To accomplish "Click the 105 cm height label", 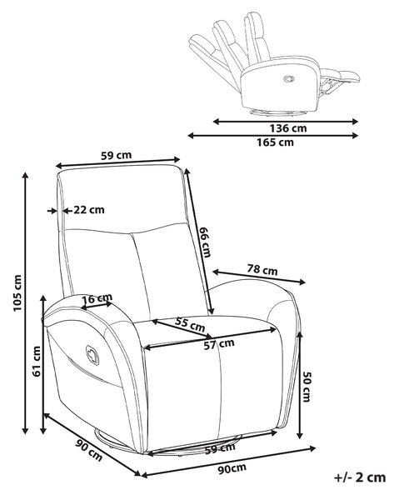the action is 17,293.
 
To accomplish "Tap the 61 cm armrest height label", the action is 37,362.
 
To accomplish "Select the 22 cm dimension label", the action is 89,210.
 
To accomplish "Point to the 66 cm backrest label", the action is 204,242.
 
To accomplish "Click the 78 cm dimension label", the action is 262,270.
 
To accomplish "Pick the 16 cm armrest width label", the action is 97,299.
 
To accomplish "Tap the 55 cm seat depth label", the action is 190,324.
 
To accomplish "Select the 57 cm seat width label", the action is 219,343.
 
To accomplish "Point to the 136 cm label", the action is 288,128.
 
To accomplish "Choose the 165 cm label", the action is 276,142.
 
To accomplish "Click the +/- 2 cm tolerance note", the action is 360,477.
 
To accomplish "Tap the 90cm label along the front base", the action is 232,468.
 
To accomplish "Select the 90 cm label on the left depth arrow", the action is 89,450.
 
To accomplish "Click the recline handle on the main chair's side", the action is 92,355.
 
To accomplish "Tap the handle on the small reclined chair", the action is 289,78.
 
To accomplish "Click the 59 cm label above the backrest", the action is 116,155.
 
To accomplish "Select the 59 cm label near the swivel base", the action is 220,448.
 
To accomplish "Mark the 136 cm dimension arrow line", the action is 286,121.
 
